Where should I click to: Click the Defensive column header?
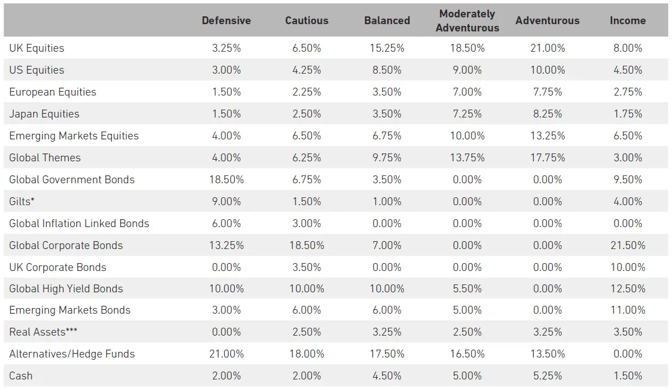tap(226, 21)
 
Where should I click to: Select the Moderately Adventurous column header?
tap(467, 21)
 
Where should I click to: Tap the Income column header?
tap(628, 21)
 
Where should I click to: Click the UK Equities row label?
tap(37, 48)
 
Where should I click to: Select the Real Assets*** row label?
tap(43, 332)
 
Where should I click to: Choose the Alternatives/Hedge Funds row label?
tap(72, 354)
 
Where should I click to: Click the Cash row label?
tap(21, 376)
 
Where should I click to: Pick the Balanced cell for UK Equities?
tap(387, 48)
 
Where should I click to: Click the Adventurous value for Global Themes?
tap(547, 158)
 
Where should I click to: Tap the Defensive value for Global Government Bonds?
tap(226, 180)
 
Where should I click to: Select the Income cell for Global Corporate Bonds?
tap(628, 245)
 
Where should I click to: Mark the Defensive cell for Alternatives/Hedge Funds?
tap(226, 354)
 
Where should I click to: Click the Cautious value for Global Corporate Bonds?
tap(306, 245)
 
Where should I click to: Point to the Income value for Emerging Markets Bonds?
tap(628, 310)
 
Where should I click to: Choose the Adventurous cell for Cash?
tap(547, 376)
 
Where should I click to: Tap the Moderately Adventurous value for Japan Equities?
tap(467, 114)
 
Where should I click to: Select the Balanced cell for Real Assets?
tap(387, 332)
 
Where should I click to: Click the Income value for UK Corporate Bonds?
tap(628, 267)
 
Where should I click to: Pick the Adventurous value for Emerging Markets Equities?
tap(547, 136)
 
